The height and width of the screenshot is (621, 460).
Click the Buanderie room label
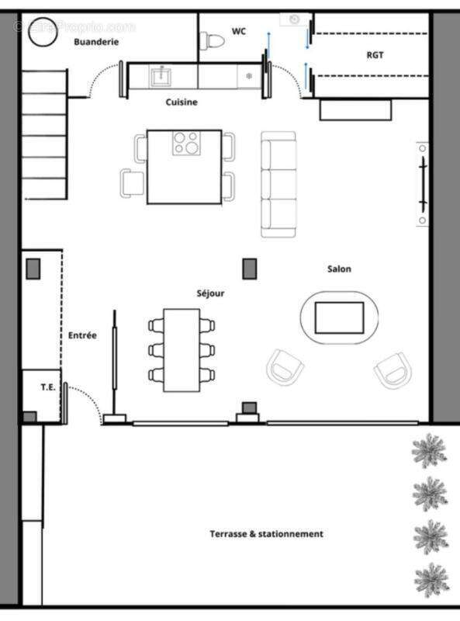pos(96,42)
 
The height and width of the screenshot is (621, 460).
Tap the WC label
pos(238,31)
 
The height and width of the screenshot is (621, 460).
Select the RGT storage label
pos(375,55)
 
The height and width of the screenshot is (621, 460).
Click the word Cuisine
pos(182,102)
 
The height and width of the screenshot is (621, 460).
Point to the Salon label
pos(338,269)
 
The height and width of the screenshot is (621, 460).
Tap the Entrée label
pos(82,335)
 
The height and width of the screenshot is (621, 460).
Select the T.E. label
pos(48,386)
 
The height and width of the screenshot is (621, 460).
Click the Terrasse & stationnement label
pos(266,534)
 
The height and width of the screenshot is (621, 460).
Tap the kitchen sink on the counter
pos(162,75)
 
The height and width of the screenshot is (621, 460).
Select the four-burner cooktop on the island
pos(186,143)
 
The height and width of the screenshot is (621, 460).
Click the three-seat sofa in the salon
pos(278,185)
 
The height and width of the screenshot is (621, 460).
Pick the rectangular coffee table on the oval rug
pos(339,317)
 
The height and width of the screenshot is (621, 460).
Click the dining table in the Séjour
pos(182,349)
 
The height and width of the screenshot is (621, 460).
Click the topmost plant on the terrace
pos(428,451)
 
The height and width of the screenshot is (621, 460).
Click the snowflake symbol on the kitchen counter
pos(249,76)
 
